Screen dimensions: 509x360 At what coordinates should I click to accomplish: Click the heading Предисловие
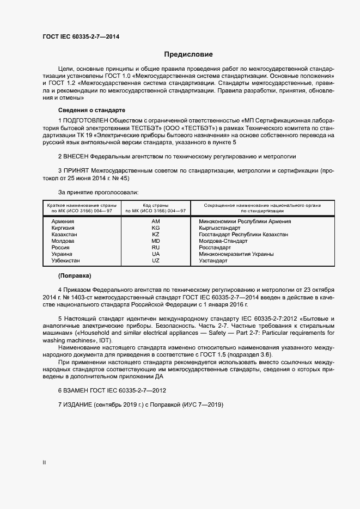188,54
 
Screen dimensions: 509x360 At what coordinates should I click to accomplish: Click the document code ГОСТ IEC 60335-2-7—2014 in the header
81,36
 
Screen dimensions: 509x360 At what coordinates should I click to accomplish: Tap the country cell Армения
63,222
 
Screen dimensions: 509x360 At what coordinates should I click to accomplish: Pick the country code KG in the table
156,228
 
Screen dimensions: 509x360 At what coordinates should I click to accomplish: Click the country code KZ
156,235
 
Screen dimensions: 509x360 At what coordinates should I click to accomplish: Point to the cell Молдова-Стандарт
223,241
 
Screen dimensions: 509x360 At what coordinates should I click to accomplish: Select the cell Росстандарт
216,248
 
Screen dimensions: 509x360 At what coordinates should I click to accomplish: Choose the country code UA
156,254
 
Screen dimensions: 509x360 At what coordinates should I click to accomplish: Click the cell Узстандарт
213,261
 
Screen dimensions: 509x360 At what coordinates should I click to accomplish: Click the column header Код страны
156,205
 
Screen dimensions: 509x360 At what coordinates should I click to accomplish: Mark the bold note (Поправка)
75,275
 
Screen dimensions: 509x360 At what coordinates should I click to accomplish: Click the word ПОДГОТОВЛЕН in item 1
85,120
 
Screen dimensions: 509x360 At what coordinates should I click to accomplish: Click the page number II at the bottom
44,463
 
